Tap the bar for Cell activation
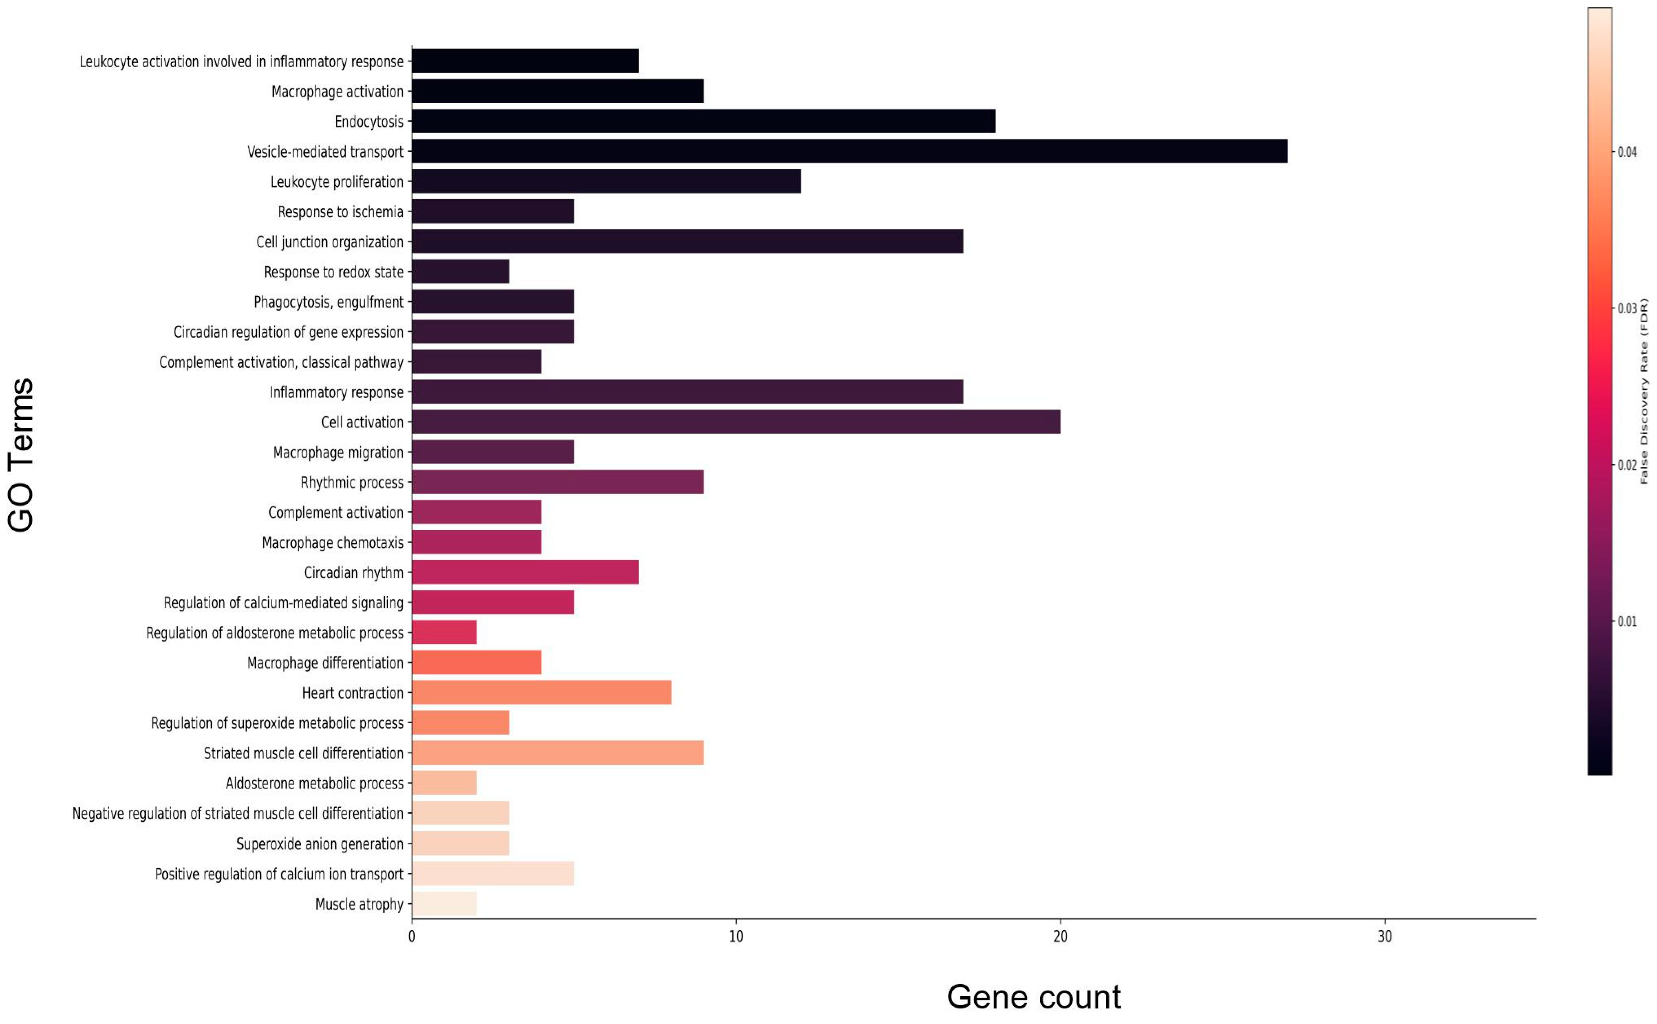click(736, 422)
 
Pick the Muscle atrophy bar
click(444, 903)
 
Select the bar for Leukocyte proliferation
click(606, 181)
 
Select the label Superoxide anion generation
click(319, 844)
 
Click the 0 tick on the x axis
click(412, 937)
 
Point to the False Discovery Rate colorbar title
click(1644, 392)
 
